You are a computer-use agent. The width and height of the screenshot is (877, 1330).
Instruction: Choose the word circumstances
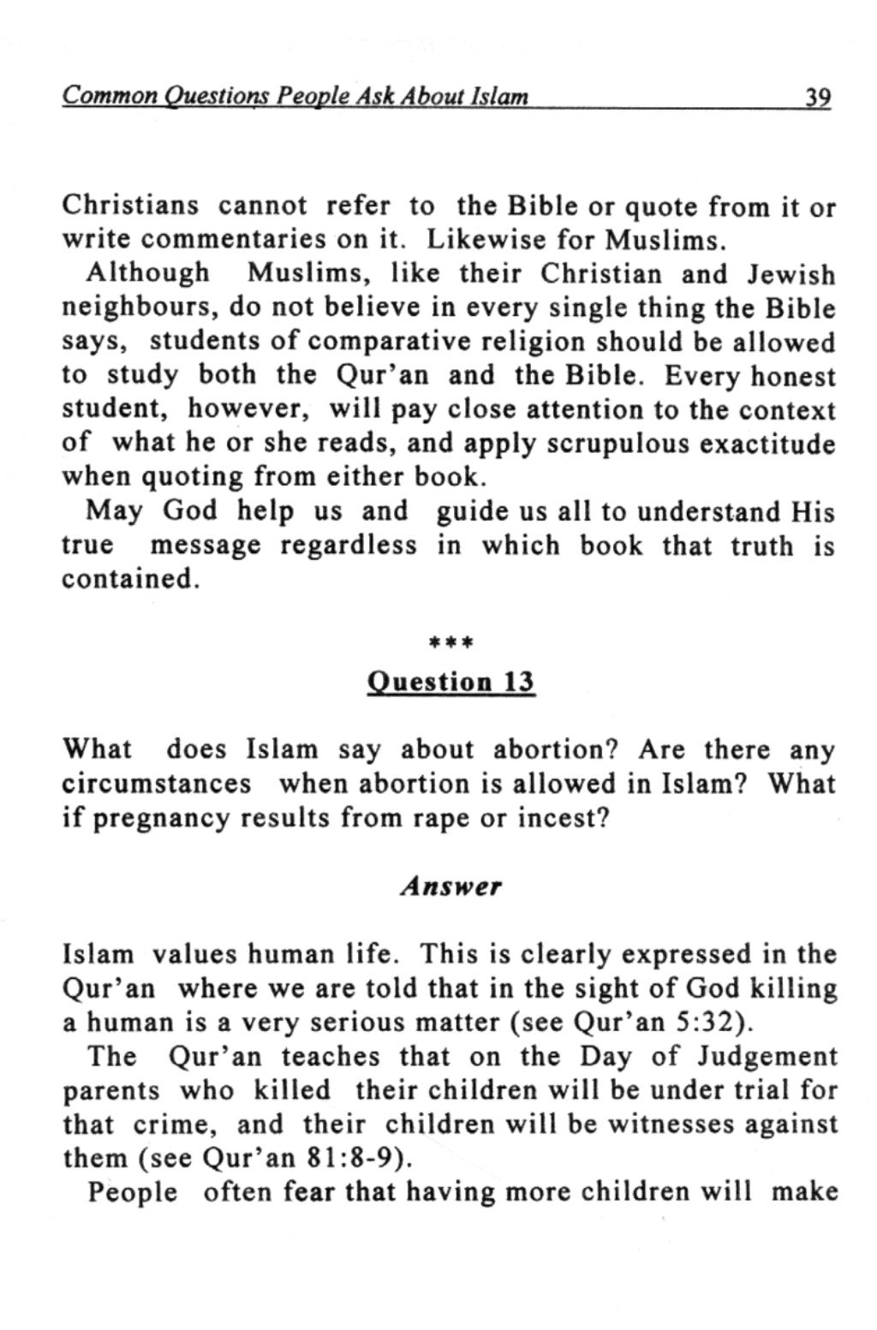[157, 784]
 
